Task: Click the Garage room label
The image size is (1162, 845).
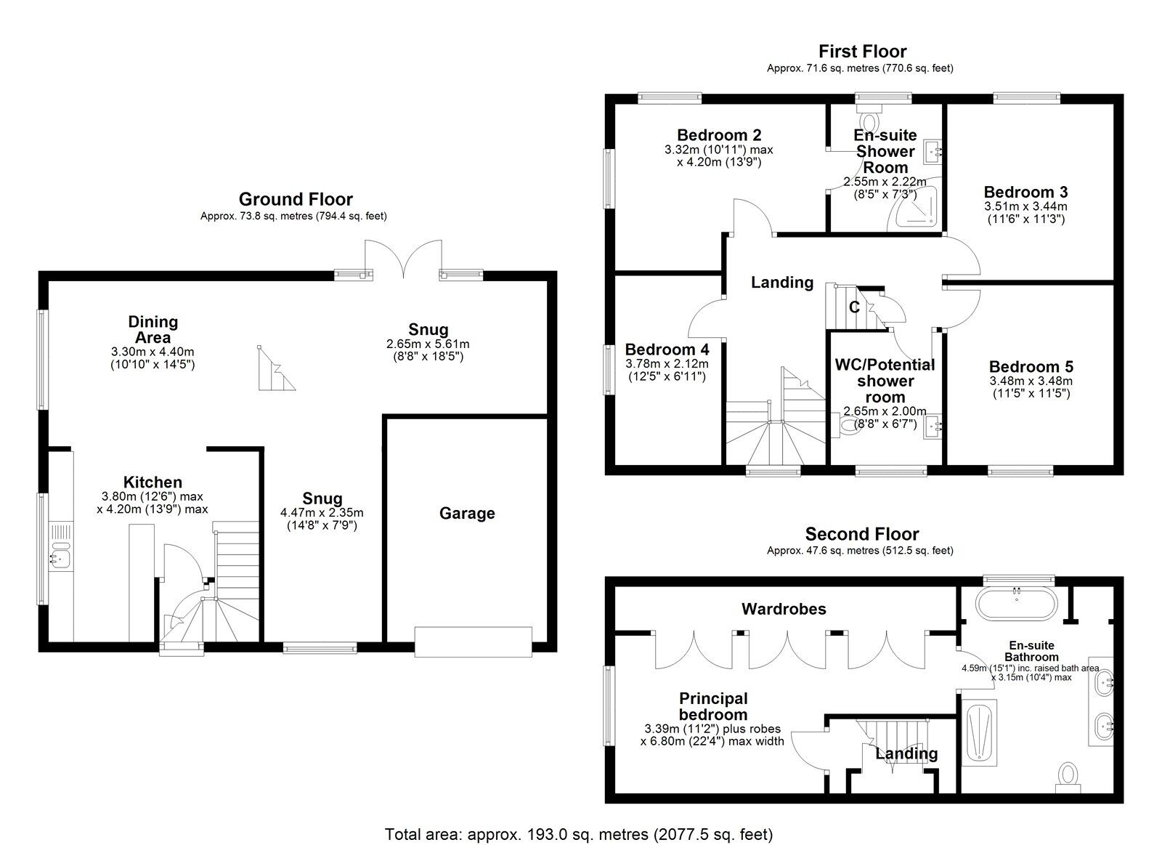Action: pos(467,514)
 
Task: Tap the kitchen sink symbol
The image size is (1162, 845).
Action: pos(57,558)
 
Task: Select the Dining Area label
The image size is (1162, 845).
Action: pos(153,329)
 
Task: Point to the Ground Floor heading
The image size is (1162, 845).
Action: pos(296,199)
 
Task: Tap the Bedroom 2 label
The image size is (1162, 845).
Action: pos(719,135)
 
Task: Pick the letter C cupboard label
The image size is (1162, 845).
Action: pos(854,307)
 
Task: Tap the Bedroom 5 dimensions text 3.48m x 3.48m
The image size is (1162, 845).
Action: pos(1031,381)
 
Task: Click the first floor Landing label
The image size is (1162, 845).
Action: pos(781,282)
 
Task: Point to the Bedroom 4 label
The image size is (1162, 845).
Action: pos(667,349)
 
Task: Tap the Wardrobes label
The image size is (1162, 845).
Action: pos(784,609)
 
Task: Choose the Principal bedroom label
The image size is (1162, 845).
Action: pos(713,706)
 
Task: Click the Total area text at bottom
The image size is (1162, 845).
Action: pos(579,834)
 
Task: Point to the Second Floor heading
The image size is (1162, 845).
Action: pos(861,535)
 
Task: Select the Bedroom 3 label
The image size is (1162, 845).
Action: pos(1025,193)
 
